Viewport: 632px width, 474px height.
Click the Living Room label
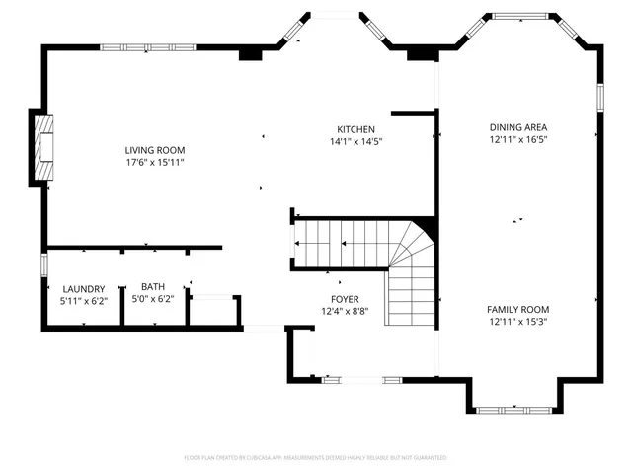point(154,149)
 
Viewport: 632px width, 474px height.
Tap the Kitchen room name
point(355,129)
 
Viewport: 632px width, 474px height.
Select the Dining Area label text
point(517,127)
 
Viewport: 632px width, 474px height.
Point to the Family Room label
point(517,309)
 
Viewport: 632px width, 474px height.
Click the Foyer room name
point(345,299)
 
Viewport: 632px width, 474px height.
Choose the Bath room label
point(152,287)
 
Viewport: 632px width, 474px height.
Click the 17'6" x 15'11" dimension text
point(154,162)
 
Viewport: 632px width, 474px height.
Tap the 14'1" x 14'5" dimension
point(355,142)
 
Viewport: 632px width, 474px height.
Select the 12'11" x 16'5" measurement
point(517,140)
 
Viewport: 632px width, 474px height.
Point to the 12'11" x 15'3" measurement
point(517,322)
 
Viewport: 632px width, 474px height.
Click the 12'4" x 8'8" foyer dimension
point(345,312)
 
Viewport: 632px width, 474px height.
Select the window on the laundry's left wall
point(44,266)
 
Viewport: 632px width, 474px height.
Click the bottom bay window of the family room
point(514,408)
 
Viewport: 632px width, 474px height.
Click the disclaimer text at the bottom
point(316,458)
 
